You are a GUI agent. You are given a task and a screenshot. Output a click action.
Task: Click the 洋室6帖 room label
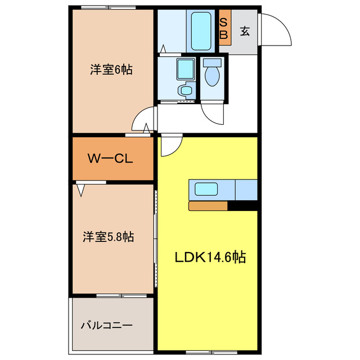click(111, 71)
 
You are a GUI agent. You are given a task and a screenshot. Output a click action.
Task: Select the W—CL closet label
click(110, 159)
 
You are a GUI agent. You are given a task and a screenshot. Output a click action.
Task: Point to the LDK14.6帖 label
click(209, 258)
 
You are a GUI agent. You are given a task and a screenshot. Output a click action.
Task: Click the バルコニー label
click(106, 326)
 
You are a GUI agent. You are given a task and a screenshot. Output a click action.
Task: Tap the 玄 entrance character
click(245, 31)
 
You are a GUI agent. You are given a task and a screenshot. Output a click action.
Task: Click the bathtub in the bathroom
click(200, 31)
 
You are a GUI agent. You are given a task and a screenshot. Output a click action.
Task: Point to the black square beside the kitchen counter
click(242, 206)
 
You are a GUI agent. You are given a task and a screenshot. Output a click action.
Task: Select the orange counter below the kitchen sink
click(208, 206)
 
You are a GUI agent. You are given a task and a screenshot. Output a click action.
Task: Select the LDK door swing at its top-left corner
click(169, 146)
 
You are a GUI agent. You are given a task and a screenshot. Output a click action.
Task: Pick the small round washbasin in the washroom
click(184, 89)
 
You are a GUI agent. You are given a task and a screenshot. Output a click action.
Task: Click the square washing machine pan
click(184, 69)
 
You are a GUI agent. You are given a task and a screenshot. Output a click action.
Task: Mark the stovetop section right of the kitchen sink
click(245, 189)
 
